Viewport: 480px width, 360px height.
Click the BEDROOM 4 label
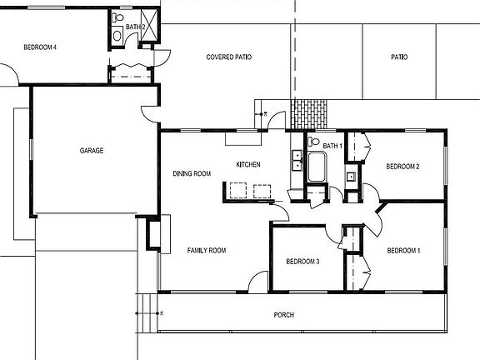pos(40,47)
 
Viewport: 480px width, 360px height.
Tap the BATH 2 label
pos(136,27)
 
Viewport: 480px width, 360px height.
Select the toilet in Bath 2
pos(117,17)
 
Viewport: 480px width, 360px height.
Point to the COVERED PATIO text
pos(229,57)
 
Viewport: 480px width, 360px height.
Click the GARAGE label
pos(92,151)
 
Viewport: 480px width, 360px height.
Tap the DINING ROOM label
pos(191,173)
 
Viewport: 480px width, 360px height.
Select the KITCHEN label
pos(248,164)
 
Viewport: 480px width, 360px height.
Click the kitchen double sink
pos(296,160)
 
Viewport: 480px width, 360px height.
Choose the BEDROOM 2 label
pos(402,167)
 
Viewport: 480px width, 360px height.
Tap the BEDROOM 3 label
pos(302,262)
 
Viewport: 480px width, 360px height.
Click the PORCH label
pos(284,315)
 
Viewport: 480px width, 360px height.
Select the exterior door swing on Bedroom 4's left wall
pos(8,76)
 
